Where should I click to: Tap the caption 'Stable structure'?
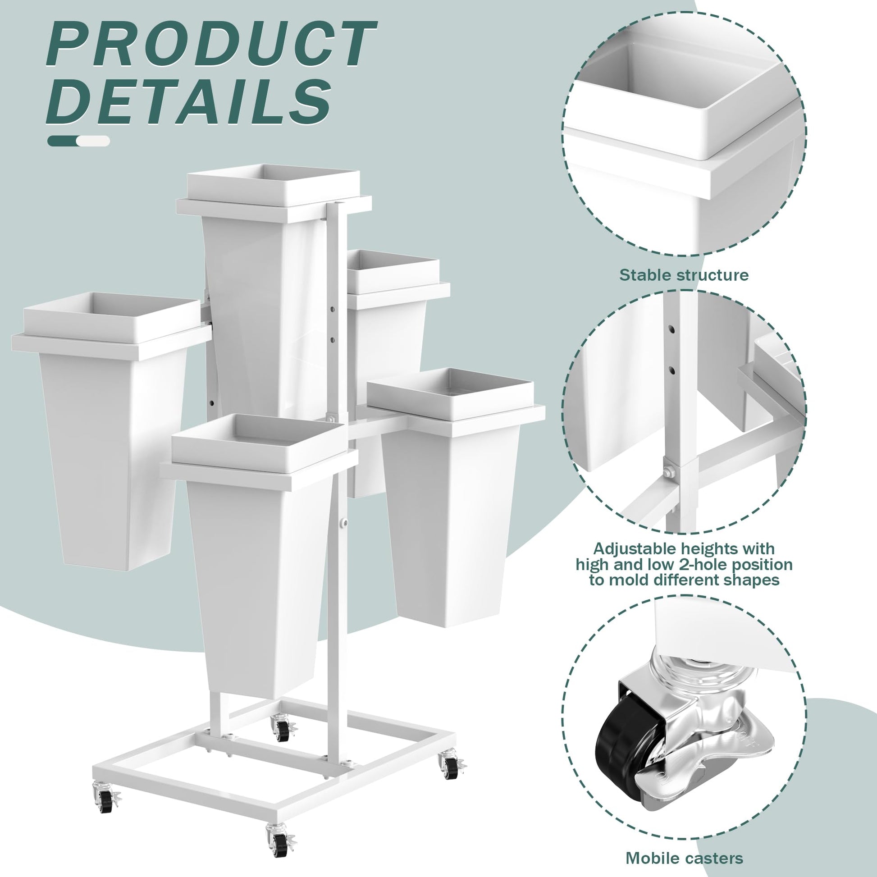684,275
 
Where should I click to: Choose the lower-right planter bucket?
454,495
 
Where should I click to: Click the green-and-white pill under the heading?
78,141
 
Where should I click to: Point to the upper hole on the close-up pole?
672,328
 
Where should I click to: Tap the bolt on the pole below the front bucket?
346,524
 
